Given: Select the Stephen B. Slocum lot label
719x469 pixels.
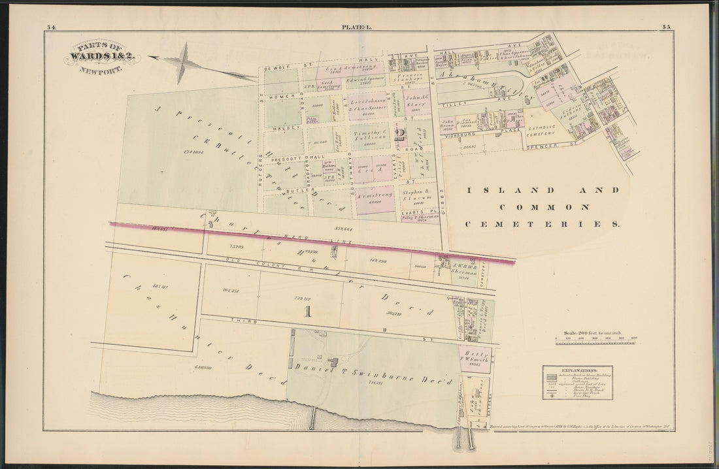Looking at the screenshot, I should coord(414,196).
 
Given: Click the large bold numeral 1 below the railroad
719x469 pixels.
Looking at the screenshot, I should coord(307,312).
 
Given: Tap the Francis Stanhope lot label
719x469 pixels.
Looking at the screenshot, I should coord(410,78).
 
